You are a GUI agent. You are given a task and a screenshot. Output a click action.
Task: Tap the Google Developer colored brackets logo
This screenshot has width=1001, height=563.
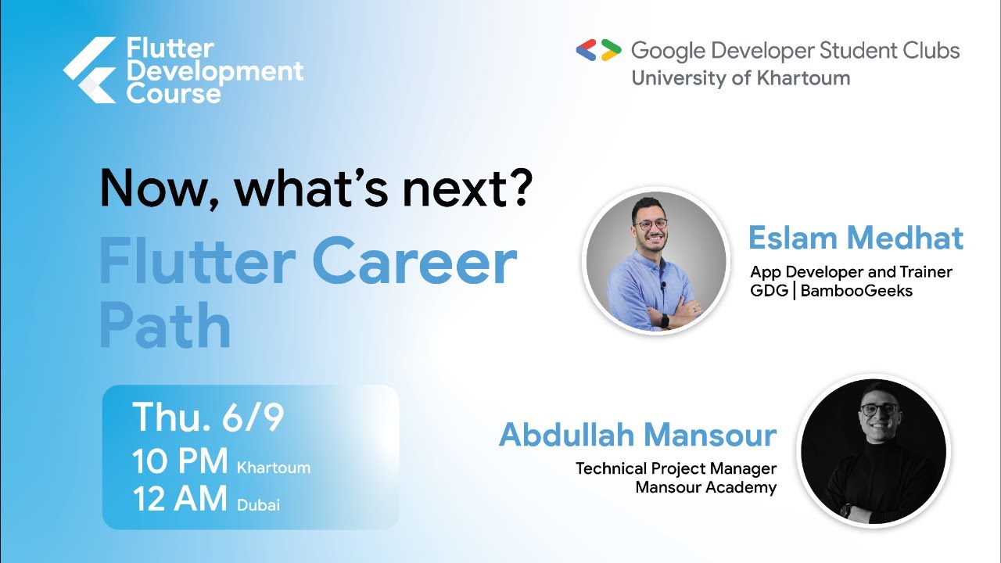(598, 51)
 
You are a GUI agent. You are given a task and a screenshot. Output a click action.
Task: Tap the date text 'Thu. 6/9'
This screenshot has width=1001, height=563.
(207, 418)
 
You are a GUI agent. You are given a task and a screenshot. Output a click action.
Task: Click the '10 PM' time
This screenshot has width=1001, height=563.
(180, 461)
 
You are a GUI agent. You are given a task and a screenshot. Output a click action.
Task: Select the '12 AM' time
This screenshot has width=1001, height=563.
(180, 499)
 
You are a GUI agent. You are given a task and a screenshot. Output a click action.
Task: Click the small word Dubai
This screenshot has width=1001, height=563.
(258, 505)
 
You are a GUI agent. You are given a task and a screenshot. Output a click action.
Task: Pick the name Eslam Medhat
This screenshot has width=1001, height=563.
(856, 238)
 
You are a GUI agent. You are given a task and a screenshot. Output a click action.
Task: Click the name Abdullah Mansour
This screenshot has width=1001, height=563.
(637, 435)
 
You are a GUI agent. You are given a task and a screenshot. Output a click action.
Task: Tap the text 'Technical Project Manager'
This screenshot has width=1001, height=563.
(676, 468)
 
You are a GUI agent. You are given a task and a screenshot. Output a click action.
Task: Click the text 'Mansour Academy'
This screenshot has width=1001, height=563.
(705, 487)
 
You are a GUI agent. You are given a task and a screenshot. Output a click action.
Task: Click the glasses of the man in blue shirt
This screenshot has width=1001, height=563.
(651, 224)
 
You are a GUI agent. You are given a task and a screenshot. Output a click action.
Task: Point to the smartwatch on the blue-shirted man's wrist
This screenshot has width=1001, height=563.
(665, 320)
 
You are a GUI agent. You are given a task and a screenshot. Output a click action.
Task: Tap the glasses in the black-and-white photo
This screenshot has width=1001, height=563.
(879, 409)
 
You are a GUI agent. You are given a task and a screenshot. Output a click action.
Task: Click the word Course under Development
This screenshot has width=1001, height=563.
(174, 95)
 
